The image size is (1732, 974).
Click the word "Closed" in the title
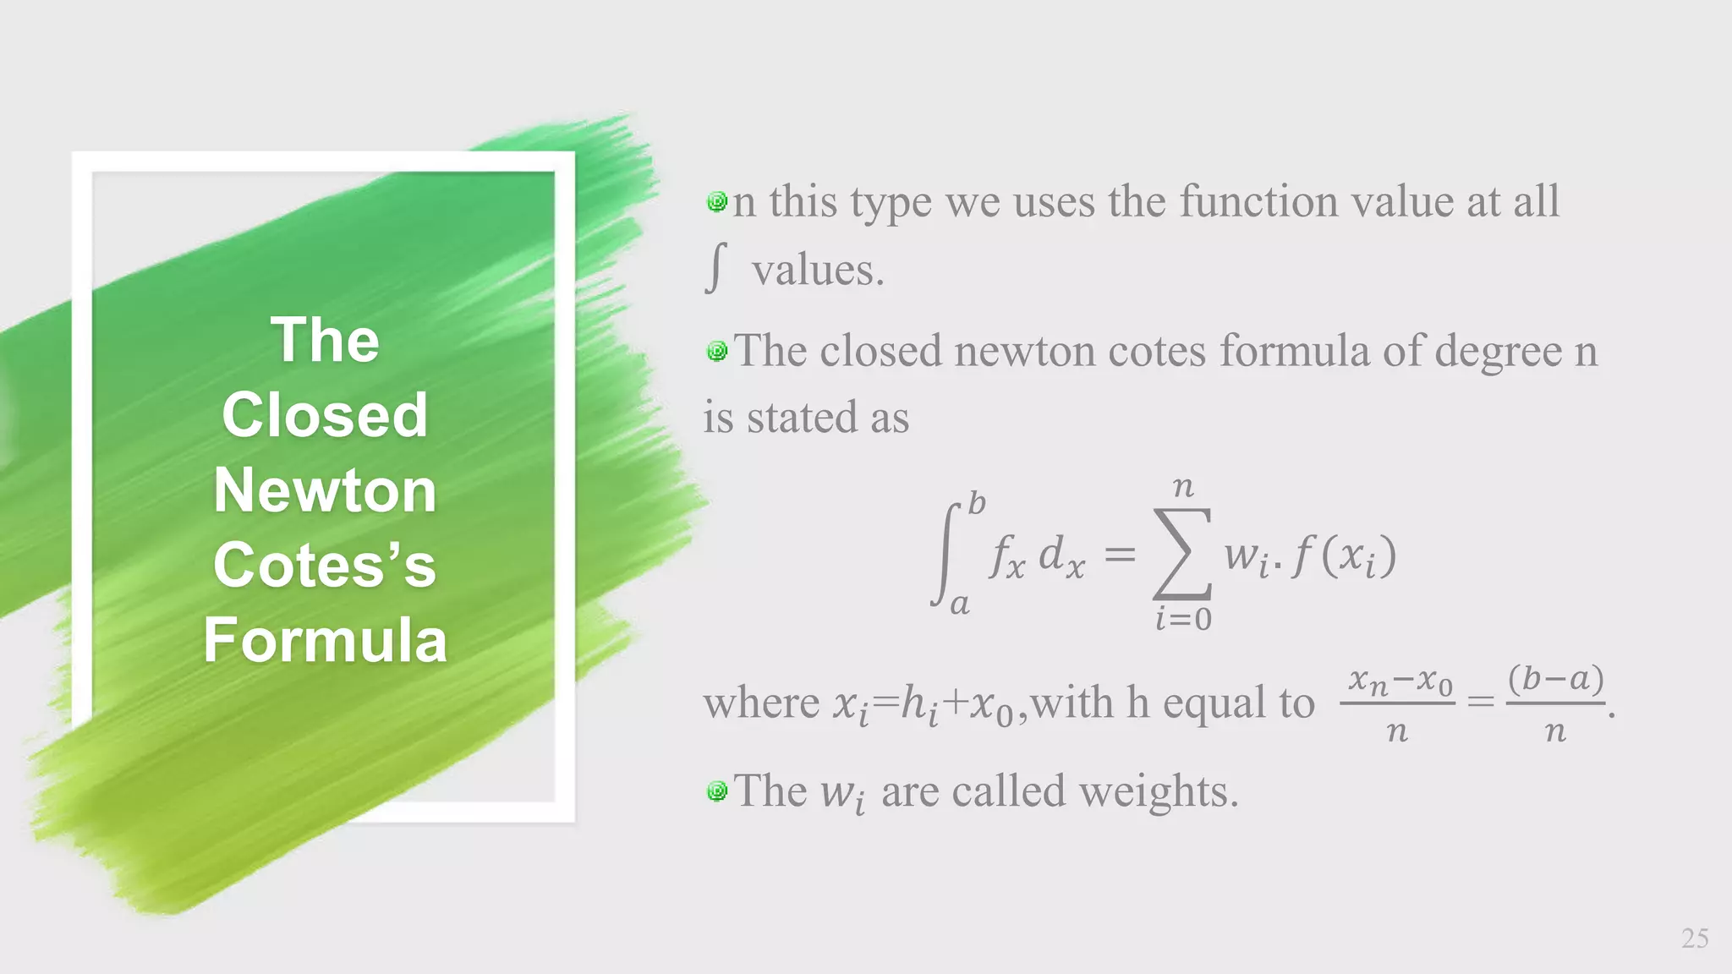325,415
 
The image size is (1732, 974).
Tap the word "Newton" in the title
325,490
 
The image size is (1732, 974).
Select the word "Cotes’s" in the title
325,565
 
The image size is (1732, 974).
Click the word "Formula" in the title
325,640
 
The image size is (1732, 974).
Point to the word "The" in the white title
325,341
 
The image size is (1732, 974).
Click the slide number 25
1695,938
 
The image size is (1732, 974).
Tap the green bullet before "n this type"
717,202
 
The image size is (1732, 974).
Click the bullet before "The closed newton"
717,351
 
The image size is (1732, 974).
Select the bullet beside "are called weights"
717,791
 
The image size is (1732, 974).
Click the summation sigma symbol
1182,554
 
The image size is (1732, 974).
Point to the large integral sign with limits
945,554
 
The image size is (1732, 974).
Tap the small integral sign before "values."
715,267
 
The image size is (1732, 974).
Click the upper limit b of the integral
977,504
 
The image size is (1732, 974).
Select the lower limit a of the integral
959,605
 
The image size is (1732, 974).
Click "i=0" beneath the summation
1183,620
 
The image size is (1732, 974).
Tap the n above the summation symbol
1183,487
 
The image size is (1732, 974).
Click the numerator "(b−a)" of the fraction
1556,678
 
